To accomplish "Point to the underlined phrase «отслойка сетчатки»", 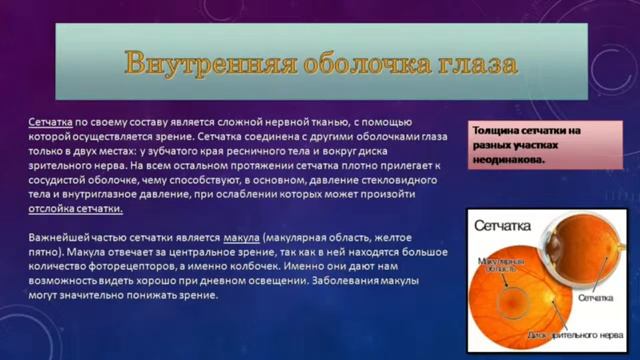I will point(75,209).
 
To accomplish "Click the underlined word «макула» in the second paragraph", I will point(241,236).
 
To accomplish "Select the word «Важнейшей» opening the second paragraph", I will point(61,236).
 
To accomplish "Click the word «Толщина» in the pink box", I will point(500,131).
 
